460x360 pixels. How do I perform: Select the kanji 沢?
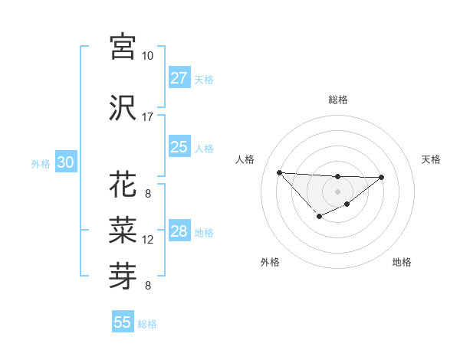coord(123,107)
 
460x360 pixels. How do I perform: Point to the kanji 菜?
coord(123,227)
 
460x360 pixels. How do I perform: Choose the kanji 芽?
coord(123,273)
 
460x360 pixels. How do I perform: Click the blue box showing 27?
coord(179,78)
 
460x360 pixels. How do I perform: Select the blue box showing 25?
coord(179,147)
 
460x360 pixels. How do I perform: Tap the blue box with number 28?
coord(179,231)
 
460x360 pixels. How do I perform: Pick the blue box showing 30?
coord(65,162)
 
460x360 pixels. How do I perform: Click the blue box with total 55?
coord(123,322)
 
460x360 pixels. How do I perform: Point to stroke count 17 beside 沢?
coord(148,117)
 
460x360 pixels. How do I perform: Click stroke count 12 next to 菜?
coord(148,240)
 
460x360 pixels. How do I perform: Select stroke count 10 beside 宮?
coord(148,56)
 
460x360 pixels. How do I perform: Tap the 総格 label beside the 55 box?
coord(147,324)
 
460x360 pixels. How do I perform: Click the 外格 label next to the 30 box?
coord(40,163)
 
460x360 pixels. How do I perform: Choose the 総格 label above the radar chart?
coord(337,100)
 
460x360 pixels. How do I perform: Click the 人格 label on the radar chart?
coord(245,159)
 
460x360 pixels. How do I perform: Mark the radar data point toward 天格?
coord(382,177)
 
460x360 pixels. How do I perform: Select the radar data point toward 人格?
coord(279,172)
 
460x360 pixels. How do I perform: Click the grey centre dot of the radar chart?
coord(337,191)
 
